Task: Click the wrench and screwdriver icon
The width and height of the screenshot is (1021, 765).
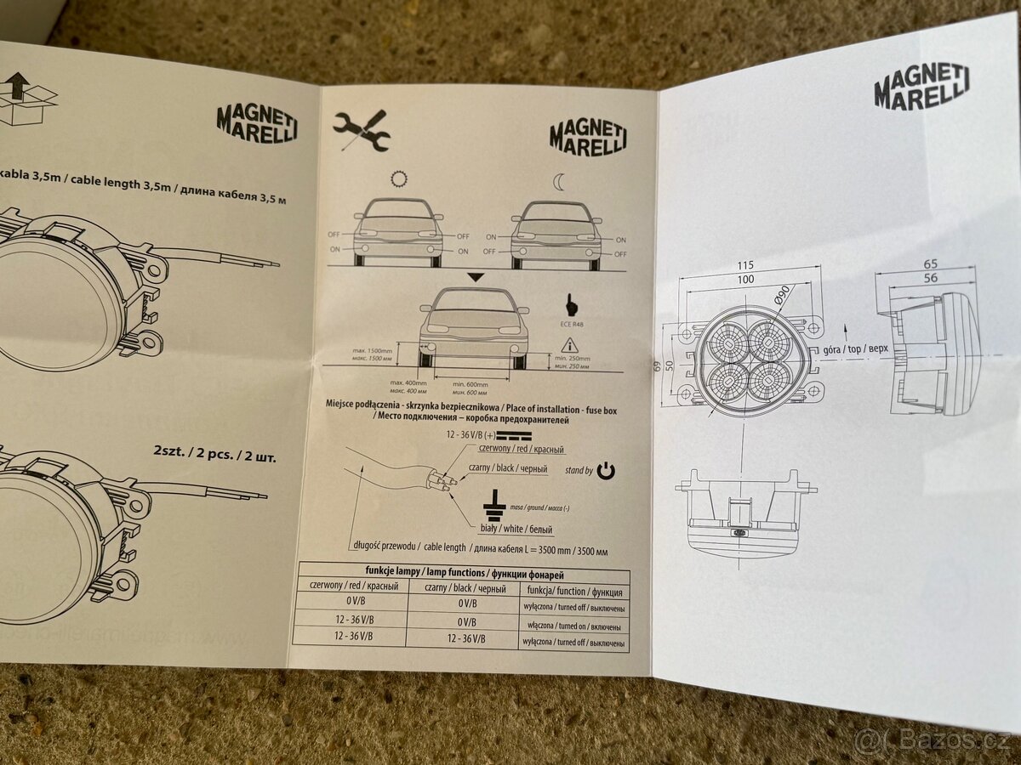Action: [361, 131]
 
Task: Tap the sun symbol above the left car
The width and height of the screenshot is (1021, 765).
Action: [398, 179]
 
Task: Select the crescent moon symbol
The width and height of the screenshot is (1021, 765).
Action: [557, 182]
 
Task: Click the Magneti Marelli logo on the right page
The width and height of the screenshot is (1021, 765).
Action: [921, 87]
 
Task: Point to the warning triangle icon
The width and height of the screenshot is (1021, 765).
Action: [567, 345]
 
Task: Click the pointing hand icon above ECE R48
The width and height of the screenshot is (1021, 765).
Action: [568, 305]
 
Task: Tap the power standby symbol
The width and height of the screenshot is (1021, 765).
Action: [606, 471]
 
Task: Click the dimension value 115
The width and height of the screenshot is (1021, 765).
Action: [746, 265]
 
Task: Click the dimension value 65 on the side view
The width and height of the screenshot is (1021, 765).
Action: [930, 264]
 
